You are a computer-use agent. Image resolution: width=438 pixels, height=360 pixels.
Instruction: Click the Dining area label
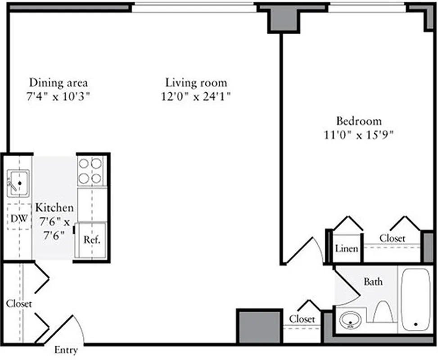click(58, 83)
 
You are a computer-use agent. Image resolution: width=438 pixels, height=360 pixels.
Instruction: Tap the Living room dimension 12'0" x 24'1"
click(196, 97)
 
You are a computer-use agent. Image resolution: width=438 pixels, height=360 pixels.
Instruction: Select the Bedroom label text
click(359, 121)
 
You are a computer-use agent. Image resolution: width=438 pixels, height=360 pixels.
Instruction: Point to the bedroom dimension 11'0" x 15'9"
click(359, 135)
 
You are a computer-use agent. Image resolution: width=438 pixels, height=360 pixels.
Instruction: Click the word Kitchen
click(54, 208)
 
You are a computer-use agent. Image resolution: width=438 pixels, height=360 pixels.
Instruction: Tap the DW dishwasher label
click(18, 219)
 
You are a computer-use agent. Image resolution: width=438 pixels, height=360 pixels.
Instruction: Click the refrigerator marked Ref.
click(91, 239)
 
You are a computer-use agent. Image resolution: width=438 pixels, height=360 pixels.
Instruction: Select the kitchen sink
click(18, 183)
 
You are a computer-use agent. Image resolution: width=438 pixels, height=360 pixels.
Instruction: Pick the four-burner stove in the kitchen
click(90, 171)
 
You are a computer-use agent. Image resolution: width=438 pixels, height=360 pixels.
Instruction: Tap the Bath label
click(373, 282)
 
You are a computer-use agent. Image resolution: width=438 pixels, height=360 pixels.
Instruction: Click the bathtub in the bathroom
click(416, 299)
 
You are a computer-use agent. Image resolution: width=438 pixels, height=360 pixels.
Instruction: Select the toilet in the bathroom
click(383, 312)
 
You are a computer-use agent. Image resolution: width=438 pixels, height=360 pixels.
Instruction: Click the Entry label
click(66, 350)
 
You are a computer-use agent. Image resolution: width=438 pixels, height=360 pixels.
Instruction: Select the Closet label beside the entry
click(19, 304)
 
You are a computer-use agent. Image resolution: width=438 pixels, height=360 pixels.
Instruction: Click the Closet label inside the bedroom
click(392, 238)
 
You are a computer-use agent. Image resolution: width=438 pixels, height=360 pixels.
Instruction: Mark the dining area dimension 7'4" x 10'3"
click(58, 97)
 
